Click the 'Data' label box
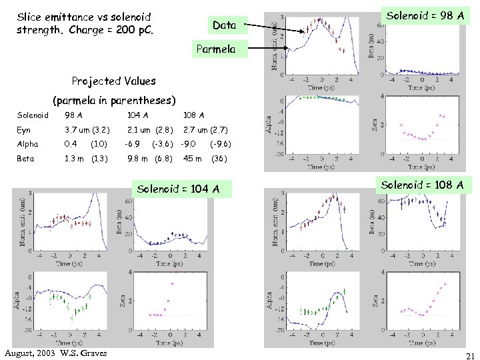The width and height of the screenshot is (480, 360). (x=224, y=25)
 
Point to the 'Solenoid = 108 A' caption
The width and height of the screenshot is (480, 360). (x=423, y=183)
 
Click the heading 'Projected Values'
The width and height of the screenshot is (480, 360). (x=113, y=81)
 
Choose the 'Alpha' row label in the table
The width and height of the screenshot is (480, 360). (x=27, y=144)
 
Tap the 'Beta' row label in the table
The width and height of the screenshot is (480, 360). (x=25, y=159)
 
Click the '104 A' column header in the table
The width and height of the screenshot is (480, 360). (x=138, y=115)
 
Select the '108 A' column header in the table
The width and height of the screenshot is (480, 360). (x=194, y=115)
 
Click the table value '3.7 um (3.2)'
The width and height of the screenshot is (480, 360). (x=87, y=130)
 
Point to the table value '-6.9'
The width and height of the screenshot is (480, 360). (x=132, y=144)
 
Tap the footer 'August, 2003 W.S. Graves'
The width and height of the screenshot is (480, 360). (x=55, y=353)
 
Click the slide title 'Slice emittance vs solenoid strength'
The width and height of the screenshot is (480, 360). (x=83, y=17)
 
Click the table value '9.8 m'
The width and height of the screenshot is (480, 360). (x=137, y=159)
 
